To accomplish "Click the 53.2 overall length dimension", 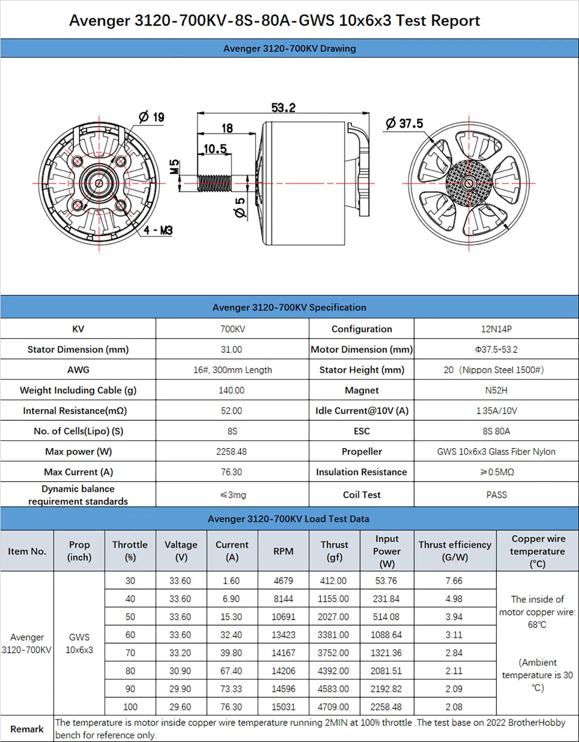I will (283, 108).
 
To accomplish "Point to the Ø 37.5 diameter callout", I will (404, 124).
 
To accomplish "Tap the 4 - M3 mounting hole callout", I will (158, 230).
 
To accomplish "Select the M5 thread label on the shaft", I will (175, 167).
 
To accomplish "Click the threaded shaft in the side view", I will (214, 183).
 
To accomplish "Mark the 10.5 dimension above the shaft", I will (215, 149).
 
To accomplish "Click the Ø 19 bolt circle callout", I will (152, 117).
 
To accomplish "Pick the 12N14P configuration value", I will (496, 329).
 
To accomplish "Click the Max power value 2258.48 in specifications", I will (232, 451).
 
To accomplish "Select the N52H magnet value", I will (496, 390).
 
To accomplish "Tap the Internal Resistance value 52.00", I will (232, 410).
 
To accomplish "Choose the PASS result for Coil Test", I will (496, 495).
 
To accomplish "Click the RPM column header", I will (283, 551).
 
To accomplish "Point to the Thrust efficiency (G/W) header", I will (455, 551).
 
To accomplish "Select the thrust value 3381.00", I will (333, 635).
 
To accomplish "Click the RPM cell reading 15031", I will (283, 707).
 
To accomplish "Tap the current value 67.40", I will (232, 671).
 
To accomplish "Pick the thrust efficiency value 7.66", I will (454, 581).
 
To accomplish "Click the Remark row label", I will (27, 729).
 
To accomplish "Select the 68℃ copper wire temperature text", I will (537, 625).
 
